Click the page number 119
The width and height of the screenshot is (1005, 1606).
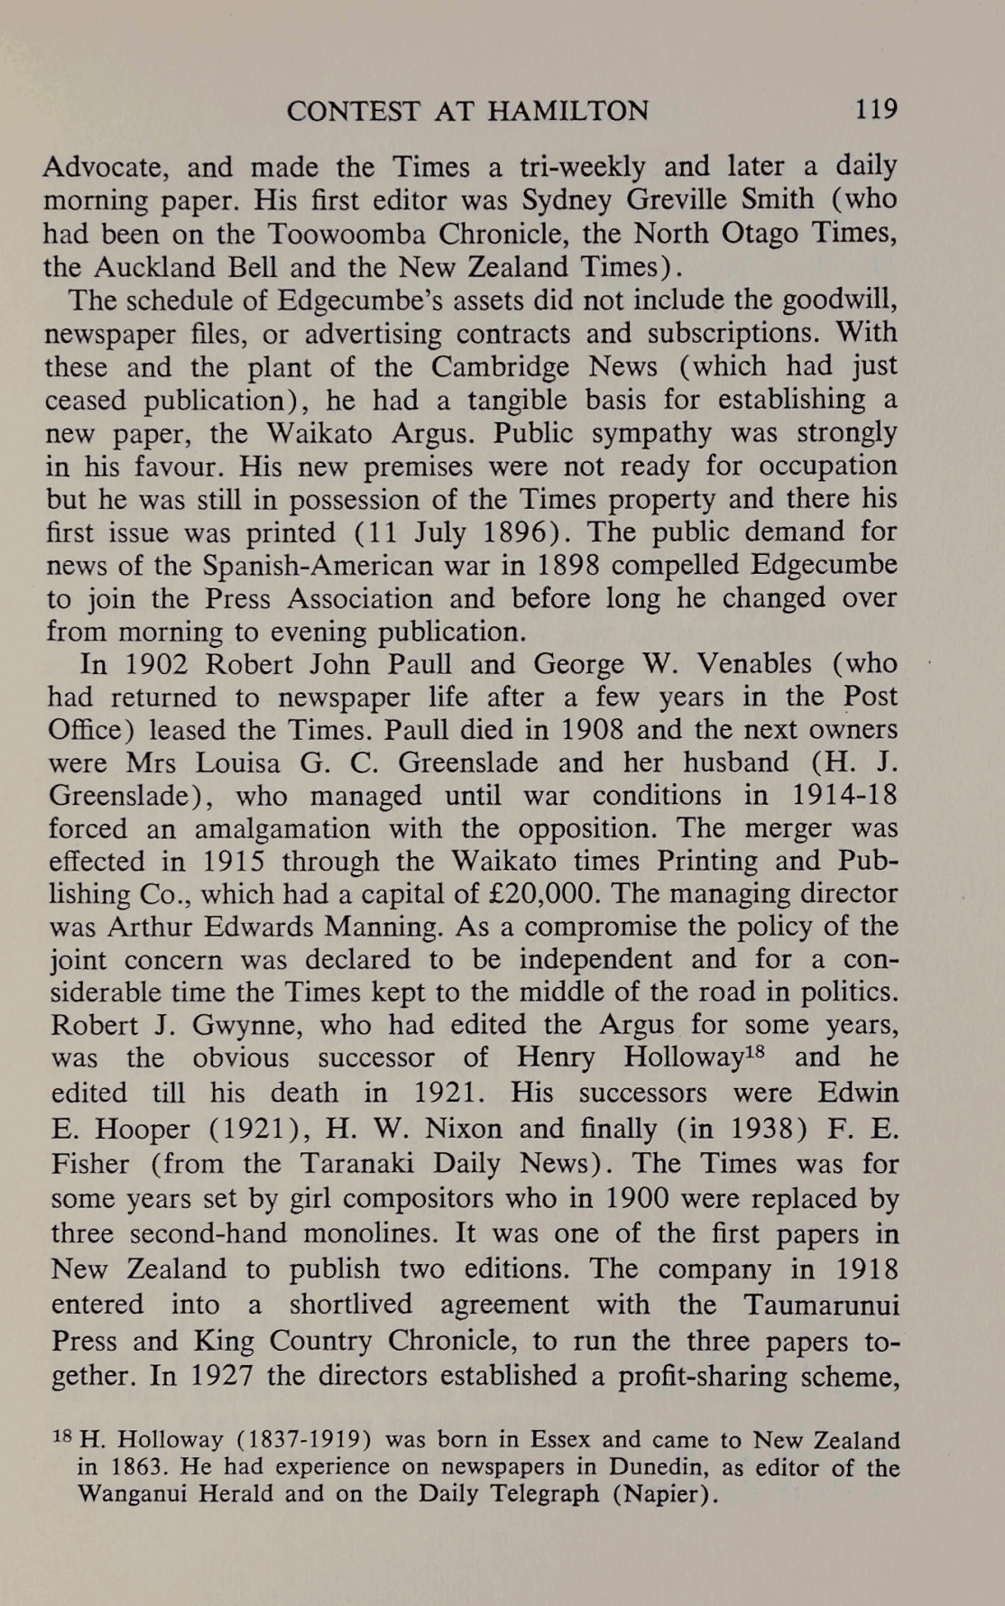(877, 110)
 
